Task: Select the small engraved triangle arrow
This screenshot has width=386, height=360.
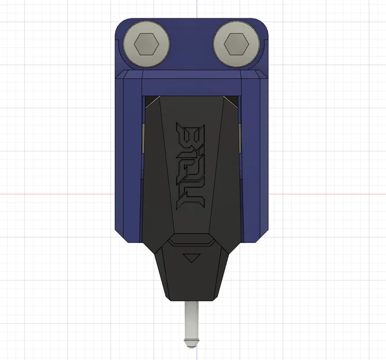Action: [192, 257]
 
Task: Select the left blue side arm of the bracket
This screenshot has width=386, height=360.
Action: [129, 156]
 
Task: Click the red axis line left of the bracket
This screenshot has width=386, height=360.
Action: [58, 194]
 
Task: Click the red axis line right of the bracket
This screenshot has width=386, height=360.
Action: [328, 194]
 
